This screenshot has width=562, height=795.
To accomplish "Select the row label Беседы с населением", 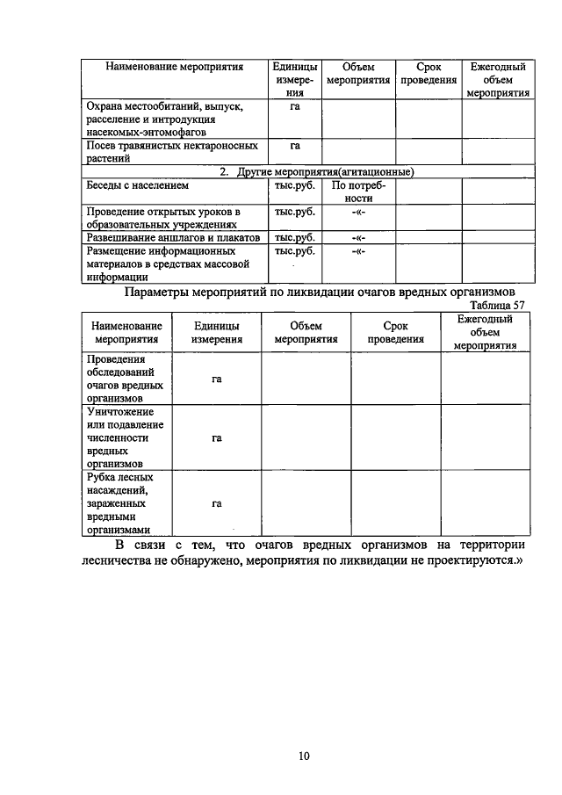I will [x=137, y=186].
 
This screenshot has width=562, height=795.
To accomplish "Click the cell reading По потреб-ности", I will [x=358, y=192].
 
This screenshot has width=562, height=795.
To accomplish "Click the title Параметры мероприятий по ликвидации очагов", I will [x=320, y=292].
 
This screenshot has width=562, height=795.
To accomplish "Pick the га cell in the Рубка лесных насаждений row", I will [x=216, y=504].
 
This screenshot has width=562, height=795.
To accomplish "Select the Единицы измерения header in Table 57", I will [x=216, y=332].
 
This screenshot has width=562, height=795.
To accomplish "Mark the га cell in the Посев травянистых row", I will [x=295, y=146].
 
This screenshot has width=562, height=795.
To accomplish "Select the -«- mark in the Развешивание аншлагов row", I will [x=358, y=237].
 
